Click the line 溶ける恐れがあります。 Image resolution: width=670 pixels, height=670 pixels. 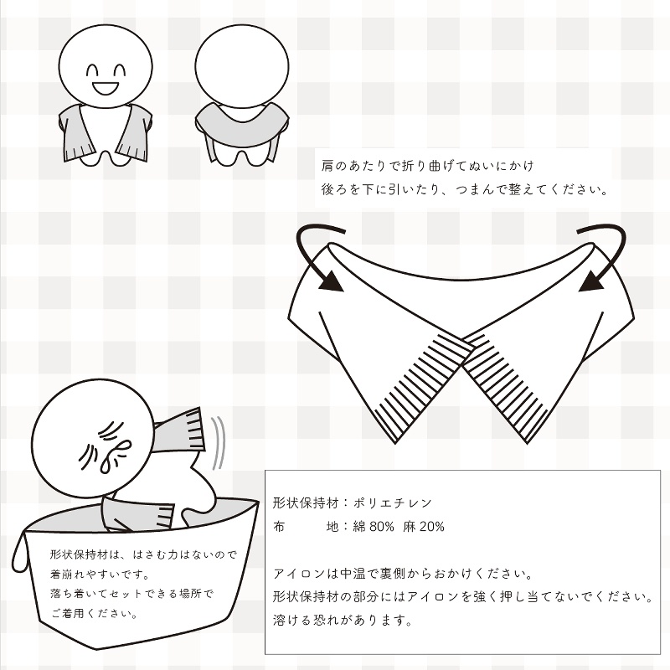point(343,621)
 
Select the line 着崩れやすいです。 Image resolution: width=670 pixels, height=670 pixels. point(100,575)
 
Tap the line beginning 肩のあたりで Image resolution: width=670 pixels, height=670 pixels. point(427,165)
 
